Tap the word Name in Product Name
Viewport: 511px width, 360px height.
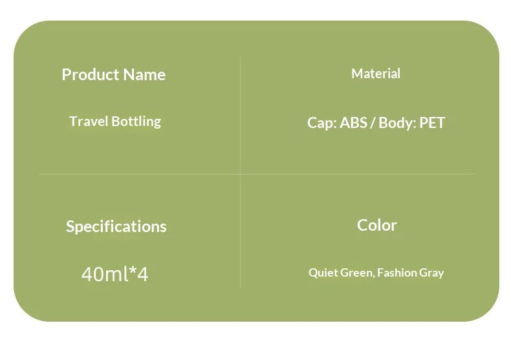point(144,75)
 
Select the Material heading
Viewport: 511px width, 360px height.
point(376,74)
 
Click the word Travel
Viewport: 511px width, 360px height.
point(89,122)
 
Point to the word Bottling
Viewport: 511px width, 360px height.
point(136,122)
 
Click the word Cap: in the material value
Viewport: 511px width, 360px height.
point(321,123)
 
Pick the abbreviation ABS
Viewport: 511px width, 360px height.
point(354,123)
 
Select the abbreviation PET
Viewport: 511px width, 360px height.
point(432,123)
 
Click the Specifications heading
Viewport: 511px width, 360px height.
point(116,227)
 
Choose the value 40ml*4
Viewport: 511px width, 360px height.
point(114,275)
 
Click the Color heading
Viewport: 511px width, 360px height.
point(377,226)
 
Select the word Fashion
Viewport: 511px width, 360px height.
point(397,273)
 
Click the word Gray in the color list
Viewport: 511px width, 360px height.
point(431,273)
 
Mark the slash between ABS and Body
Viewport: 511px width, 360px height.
point(373,123)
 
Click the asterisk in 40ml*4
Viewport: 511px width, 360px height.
point(134,272)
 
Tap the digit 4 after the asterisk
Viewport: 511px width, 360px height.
point(143,275)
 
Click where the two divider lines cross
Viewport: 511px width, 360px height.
point(241,174)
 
